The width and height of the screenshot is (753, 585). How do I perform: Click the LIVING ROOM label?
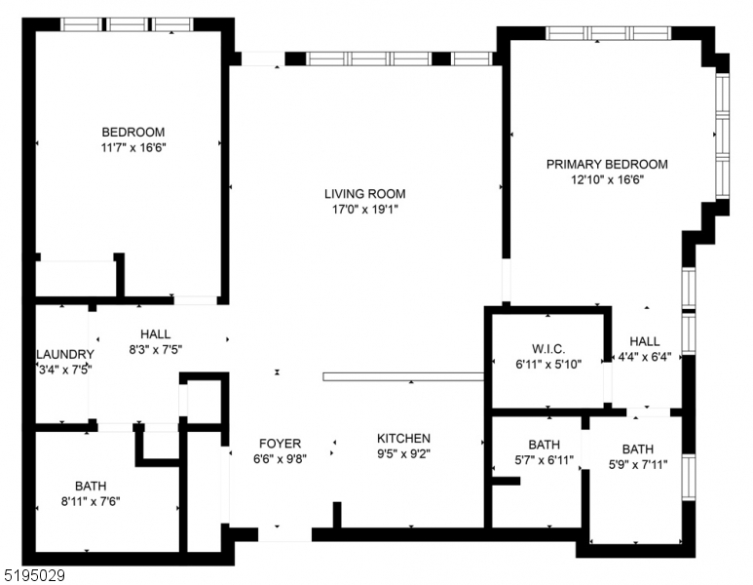pos(364,193)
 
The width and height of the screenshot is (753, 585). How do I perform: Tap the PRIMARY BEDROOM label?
pos(606,164)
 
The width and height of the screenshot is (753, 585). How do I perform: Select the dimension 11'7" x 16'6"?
pos(133,147)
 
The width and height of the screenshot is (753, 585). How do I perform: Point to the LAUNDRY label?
pos(64,354)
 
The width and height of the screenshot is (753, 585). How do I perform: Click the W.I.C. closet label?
pos(548,348)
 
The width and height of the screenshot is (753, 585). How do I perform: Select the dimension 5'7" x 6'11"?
pos(544,460)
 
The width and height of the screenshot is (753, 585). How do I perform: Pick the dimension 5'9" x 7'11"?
pos(638,465)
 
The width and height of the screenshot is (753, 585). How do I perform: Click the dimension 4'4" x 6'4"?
pos(644,357)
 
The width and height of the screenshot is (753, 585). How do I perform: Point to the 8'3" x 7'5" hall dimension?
pos(155,348)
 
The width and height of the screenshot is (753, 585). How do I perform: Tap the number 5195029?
pos(34,576)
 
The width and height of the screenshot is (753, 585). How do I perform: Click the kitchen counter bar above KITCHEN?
pos(403,376)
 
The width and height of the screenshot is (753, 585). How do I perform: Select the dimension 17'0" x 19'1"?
pos(364,209)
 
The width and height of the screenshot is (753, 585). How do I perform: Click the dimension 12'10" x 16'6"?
pos(606,179)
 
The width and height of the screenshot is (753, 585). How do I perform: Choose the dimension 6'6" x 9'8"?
pos(280,458)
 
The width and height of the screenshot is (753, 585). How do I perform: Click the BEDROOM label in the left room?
pos(133,132)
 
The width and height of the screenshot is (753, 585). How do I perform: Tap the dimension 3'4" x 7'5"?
pos(64,370)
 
